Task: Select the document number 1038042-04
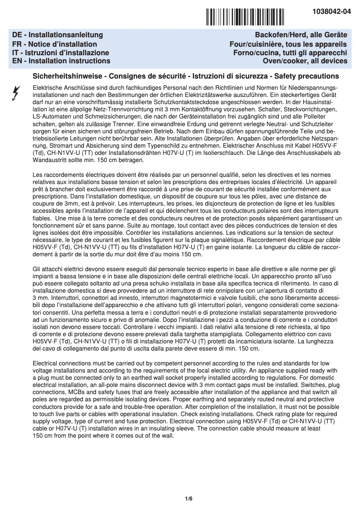(332, 13)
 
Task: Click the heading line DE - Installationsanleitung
(57, 35)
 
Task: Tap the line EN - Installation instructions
(61, 61)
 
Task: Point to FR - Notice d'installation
(55, 44)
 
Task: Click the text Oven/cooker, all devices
(305, 61)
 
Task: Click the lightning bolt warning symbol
(16, 93)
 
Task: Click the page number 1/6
(189, 499)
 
